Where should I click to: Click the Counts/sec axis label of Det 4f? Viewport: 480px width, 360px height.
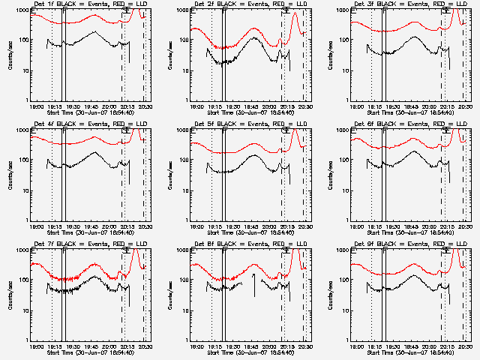point(10,175)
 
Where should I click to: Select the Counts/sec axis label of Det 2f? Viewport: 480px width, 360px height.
point(170,55)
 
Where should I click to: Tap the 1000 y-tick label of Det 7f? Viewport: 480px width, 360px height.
point(22,250)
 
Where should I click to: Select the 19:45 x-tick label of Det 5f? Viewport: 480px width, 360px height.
point(251,226)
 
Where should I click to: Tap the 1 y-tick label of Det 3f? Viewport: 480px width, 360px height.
point(348,100)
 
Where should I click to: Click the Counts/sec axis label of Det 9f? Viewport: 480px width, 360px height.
point(331,295)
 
